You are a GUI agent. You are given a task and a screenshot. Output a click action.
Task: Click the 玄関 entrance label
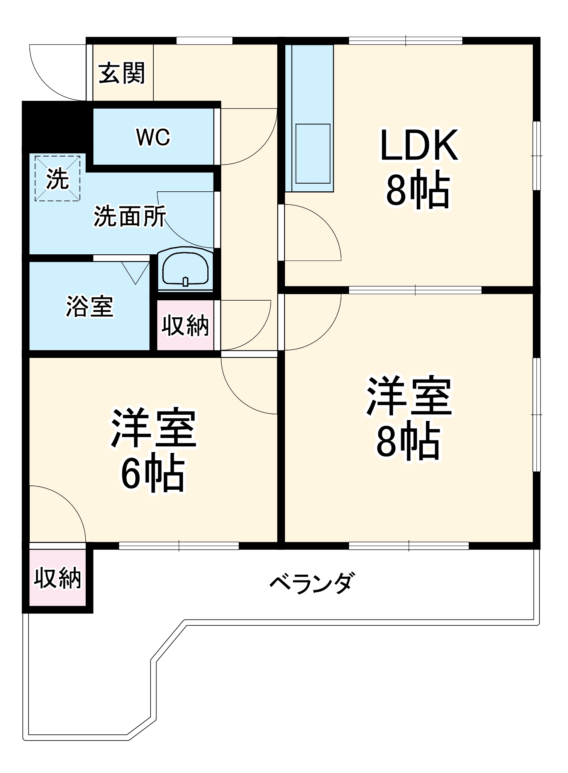point(122,73)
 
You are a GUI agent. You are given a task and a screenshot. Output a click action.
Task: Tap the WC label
point(153,137)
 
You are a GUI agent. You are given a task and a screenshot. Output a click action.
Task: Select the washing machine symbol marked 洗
point(58,179)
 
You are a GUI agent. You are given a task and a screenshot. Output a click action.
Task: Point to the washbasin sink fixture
point(185,269)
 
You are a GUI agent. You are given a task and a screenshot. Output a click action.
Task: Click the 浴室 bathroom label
point(90,306)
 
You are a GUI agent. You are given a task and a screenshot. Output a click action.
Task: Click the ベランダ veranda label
point(311,583)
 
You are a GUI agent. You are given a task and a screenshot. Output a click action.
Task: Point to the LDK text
point(419,145)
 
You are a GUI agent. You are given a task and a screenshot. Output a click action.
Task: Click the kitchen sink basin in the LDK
point(313,153)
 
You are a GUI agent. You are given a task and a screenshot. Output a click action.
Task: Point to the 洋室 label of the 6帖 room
point(154,428)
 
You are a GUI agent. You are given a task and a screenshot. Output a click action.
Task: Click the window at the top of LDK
point(405,41)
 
